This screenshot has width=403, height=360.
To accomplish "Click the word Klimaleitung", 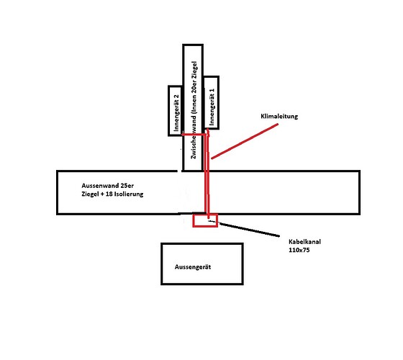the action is (x=279, y=116).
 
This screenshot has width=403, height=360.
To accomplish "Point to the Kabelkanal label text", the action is (x=304, y=242).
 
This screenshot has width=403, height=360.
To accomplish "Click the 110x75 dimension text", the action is (x=299, y=250).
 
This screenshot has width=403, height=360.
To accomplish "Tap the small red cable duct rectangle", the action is (x=193, y=220).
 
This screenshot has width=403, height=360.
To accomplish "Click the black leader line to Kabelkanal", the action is (x=249, y=230).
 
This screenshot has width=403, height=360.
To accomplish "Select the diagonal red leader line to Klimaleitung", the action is (x=245, y=141).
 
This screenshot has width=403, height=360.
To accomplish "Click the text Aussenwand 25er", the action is (x=107, y=186).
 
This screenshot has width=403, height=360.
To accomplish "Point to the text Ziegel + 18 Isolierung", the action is (x=112, y=194).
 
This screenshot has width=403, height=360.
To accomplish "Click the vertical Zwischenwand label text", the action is (x=194, y=110).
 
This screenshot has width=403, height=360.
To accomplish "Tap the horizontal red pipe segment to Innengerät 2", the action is (x=194, y=135).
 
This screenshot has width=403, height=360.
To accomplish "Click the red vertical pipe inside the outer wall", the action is (x=207, y=192).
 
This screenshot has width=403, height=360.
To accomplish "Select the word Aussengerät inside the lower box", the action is (x=193, y=267).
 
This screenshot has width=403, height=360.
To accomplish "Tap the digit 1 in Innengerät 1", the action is (x=212, y=91).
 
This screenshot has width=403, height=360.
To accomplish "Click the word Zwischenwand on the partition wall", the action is (x=194, y=135).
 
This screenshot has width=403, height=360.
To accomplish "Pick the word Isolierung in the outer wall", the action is (x=129, y=194).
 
